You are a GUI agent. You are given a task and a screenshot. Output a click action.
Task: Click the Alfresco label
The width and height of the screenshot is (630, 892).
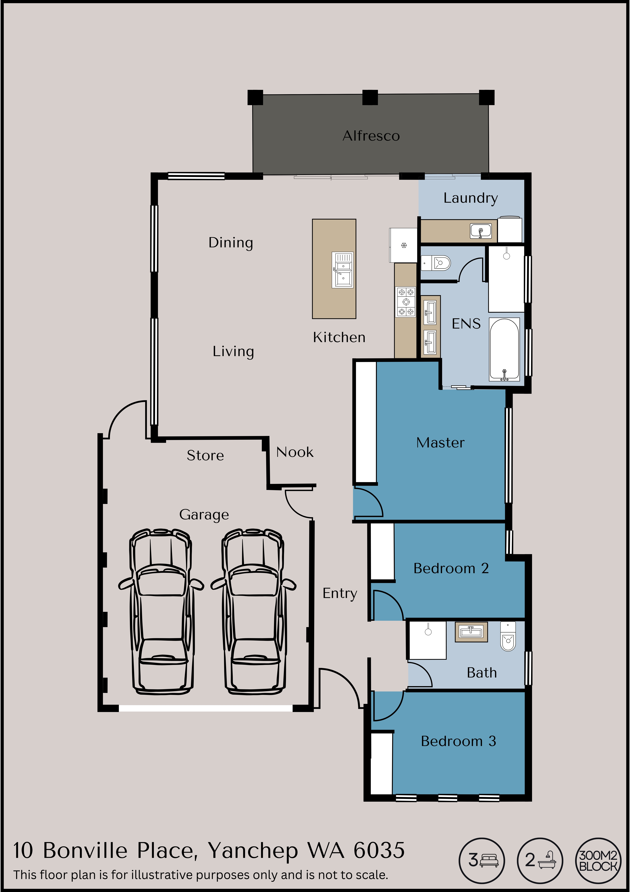(x=371, y=136)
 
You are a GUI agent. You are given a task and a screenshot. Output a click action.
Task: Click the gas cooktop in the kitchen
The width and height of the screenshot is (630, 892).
(x=406, y=301)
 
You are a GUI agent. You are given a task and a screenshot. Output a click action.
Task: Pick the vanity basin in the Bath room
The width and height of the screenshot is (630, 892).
(x=471, y=632)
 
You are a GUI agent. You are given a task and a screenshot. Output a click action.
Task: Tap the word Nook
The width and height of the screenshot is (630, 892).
(x=295, y=452)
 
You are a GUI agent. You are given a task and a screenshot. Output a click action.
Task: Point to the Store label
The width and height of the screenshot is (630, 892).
(x=205, y=455)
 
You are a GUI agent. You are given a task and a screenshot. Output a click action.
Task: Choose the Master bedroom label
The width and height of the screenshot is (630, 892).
(x=440, y=443)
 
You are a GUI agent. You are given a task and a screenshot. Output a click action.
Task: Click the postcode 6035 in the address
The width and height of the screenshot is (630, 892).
(x=379, y=851)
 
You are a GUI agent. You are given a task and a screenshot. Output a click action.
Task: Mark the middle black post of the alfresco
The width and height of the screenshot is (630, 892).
(x=370, y=97)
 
